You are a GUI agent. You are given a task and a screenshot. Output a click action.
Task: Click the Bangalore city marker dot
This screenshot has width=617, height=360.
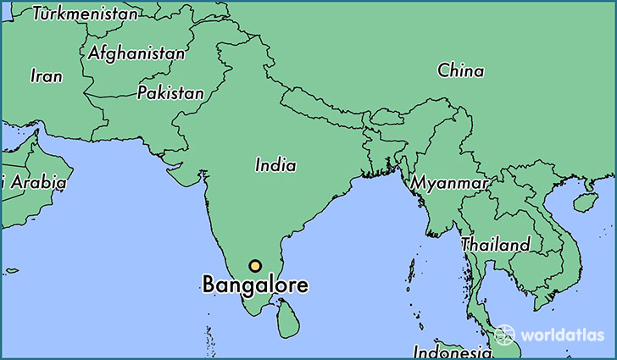[255, 266]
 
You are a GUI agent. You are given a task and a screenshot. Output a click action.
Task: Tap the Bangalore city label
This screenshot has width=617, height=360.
[255, 285]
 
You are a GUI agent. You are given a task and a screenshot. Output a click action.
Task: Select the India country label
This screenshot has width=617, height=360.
[275, 166]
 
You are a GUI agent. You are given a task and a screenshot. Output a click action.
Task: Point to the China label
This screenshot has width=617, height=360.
[460, 71]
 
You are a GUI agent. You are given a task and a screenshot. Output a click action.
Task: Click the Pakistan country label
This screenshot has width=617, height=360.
[170, 93]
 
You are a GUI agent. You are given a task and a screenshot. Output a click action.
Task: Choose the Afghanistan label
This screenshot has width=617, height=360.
[136, 53]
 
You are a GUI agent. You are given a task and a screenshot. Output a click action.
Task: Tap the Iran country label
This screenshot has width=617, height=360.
[47, 76]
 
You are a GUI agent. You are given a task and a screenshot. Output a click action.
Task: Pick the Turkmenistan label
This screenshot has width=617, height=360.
[85, 14]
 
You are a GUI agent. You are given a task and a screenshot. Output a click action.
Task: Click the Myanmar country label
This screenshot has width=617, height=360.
[449, 183]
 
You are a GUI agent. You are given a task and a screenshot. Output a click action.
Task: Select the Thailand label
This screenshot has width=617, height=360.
[496, 245]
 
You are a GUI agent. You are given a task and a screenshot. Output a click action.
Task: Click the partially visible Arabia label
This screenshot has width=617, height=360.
[38, 181]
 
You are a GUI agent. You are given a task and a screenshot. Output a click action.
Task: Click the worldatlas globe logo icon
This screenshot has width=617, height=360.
[505, 335]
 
